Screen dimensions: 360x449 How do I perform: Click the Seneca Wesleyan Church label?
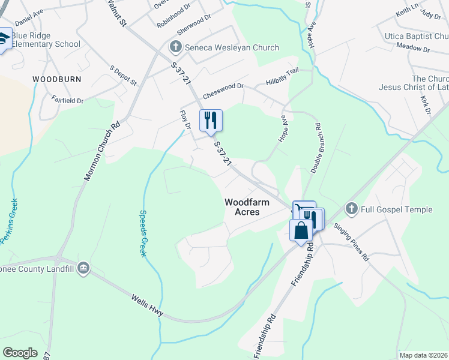[x=232, y=47]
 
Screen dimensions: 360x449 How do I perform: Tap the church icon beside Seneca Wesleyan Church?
[x=176, y=47]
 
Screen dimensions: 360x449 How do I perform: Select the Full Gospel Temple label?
[x=396, y=209]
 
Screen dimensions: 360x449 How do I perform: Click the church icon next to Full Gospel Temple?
[x=352, y=209]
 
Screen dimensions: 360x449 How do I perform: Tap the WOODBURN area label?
[x=55, y=79]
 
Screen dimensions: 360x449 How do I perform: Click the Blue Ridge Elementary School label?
[x=46, y=39]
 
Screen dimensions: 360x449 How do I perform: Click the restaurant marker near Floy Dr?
[x=210, y=120]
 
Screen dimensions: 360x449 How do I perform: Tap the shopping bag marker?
[x=301, y=230]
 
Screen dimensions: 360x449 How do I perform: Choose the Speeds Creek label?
[x=143, y=233]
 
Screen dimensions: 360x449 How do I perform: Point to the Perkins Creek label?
[x=10, y=221]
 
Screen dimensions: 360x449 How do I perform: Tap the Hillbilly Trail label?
[x=282, y=77]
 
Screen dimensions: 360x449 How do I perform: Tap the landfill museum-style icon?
[x=83, y=268]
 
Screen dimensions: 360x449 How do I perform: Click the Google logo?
[x=20, y=352]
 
